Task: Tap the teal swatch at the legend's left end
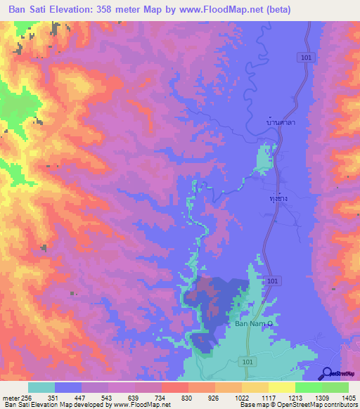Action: (41, 387)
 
